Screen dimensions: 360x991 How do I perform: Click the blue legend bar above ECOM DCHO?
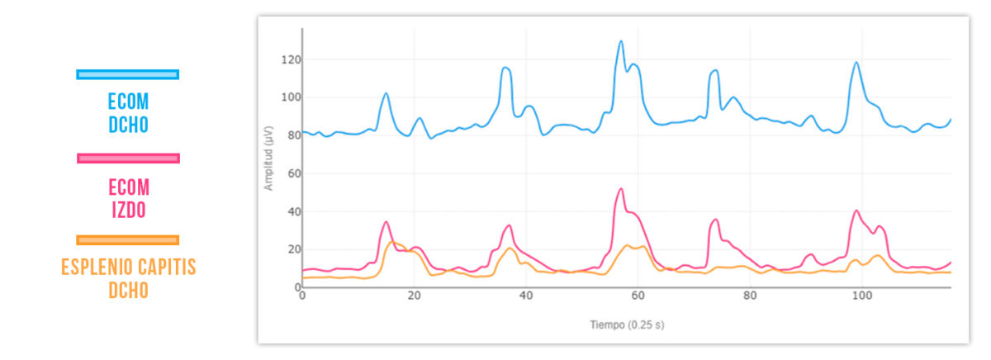tap(127, 74)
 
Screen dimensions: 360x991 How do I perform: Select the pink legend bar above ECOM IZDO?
tap(127, 158)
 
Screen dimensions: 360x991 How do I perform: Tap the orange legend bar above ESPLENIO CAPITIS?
tap(127, 240)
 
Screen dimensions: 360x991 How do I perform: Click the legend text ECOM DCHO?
tap(128, 113)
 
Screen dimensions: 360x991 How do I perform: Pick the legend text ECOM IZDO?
tap(128, 198)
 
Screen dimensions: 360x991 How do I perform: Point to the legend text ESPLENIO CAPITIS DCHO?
tap(128, 278)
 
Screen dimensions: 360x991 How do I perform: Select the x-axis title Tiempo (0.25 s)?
tap(626, 325)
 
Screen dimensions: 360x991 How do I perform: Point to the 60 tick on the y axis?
tap(290, 173)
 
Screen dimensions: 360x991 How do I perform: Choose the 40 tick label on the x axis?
tap(526, 296)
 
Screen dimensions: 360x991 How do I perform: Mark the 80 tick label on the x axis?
tap(750, 296)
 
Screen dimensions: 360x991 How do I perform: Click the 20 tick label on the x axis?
tap(414, 296)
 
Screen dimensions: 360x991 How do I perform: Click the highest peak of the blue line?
tap(621, 40)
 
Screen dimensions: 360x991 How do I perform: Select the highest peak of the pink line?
tap(620, 188)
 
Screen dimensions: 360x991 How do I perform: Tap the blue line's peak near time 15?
tap(386, 93)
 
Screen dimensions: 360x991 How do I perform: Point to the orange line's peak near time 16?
tap(393, 242)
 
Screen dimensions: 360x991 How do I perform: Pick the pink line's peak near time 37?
tap(509, 225)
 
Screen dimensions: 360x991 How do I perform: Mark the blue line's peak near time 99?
tap(856, 62)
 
